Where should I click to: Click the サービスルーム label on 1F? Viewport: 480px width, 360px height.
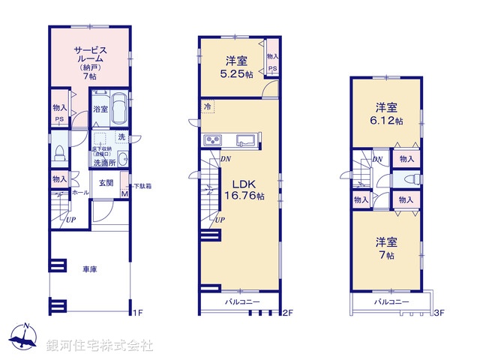[x=88, y=60]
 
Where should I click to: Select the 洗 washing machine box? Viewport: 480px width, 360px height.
[x=121, y=138]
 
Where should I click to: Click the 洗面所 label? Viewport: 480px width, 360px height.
[x=103, y=163]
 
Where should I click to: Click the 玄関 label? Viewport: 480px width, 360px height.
[x=105, y=183]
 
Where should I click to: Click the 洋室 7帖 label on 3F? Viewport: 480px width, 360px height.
[x=387, y=247]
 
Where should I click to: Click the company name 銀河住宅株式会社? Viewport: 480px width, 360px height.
[x=100, y=346]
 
